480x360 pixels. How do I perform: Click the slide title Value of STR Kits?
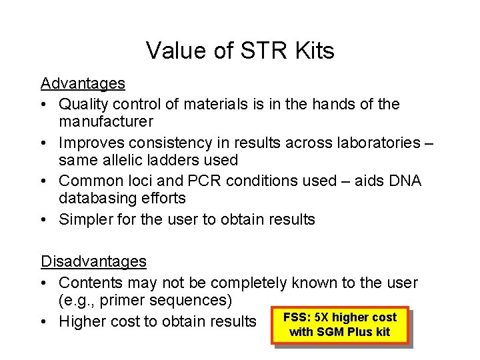point(240,50)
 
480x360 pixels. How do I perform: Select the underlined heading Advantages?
point(83,84)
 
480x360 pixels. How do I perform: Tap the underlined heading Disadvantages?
point(94,260)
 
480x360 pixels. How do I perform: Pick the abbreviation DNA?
point(404,180)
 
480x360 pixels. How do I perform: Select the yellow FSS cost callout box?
point(340,325)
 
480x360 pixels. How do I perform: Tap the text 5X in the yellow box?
point(321,318)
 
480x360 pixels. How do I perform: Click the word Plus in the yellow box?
point(360,331)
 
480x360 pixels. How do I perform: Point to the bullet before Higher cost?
point(45,321)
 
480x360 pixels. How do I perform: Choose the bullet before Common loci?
point(45,180)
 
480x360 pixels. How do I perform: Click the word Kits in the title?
point(313,50)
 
